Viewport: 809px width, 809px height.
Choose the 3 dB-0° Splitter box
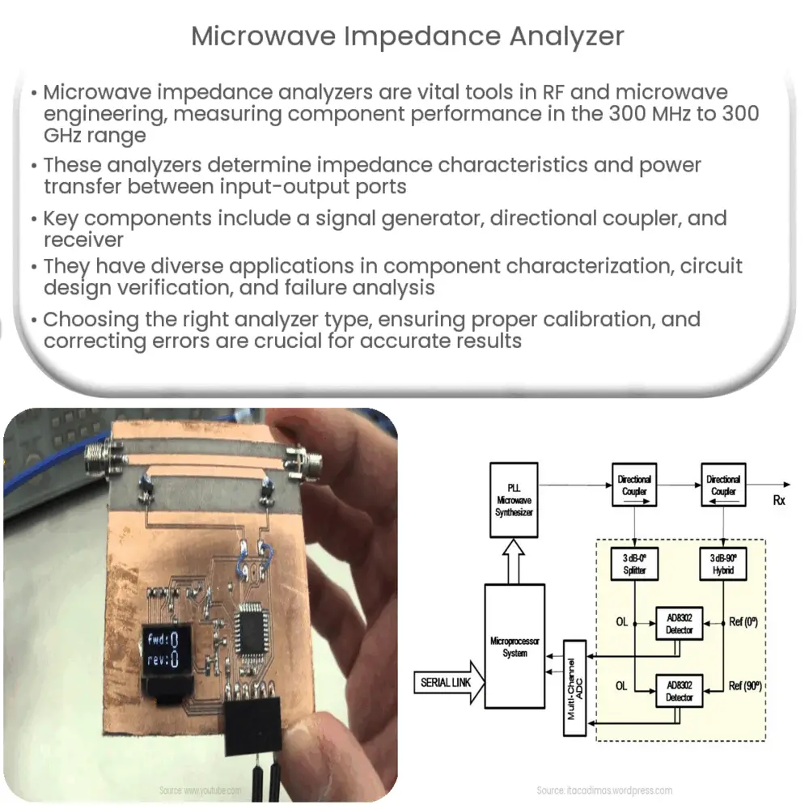point(634,565)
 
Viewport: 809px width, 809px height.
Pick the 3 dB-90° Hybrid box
point(723,565)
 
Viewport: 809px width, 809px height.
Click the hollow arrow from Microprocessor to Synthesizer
point(514,561)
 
